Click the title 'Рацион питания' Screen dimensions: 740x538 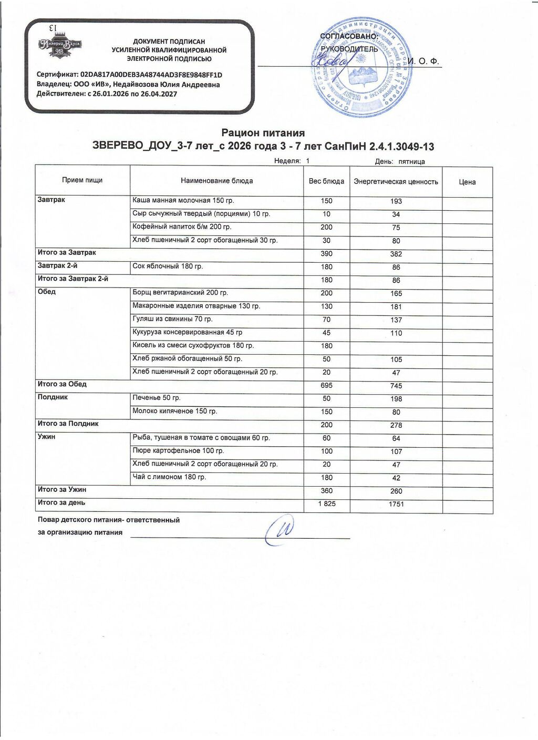(263, 133)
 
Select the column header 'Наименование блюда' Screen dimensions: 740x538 (216, 181)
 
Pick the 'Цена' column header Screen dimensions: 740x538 (467, 182)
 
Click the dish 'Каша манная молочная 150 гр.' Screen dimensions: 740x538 (183, 201)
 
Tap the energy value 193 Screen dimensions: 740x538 (396, 201)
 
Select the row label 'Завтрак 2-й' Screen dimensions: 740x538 (58, 266)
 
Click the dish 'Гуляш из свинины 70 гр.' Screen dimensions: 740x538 (172, 319)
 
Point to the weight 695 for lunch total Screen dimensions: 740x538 (326, 385)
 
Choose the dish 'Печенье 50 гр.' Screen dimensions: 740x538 (157, 398)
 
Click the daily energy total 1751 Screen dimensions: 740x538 (396, 504)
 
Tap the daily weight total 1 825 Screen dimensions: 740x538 (326, 503)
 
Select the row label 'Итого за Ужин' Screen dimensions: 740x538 (62, 489)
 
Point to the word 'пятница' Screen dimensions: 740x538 (411, 162)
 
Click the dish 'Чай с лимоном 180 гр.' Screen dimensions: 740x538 (169, 477)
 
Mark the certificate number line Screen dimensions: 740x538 (129, 75)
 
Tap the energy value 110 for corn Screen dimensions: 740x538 (396, 333)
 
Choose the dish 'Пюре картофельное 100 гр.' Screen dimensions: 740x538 (178, 450)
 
